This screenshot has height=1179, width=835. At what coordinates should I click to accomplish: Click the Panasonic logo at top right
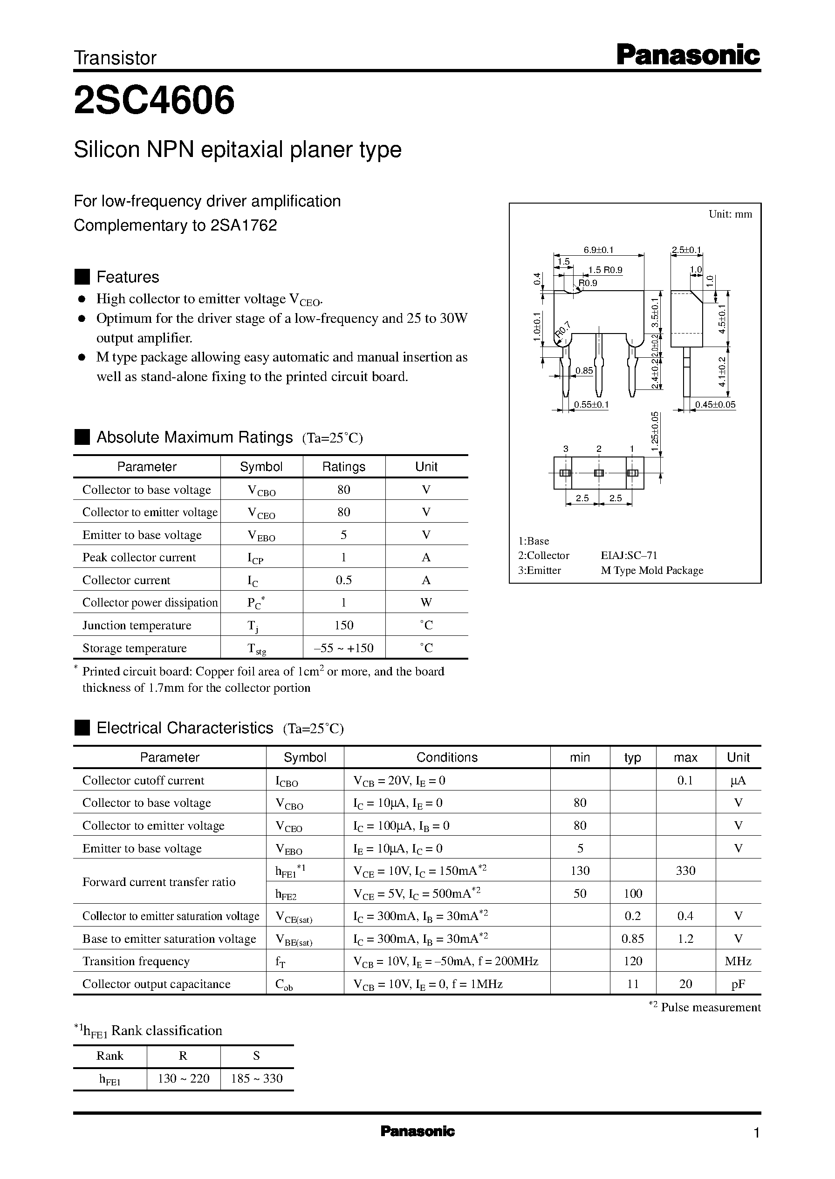[687, 55]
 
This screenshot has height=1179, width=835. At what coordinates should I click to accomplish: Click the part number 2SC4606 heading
[154, 100]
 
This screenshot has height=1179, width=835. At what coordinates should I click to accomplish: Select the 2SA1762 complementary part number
[244, 225]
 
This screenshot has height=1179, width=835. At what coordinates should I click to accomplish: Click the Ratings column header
[343, 467]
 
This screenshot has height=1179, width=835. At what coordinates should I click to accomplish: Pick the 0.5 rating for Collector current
[343, 580]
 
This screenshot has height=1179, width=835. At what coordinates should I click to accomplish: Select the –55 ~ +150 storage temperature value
[343, 648]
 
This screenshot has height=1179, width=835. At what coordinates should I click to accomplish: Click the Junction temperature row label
[137, 626]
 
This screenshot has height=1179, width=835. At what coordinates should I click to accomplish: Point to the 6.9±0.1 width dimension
[598, 250]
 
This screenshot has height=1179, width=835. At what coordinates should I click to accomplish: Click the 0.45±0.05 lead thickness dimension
[715, 404]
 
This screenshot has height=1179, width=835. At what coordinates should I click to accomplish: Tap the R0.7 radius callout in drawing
[563, 330]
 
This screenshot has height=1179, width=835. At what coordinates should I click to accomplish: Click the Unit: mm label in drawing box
[730, 214]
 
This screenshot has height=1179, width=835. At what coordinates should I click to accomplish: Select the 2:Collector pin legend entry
[543, 556]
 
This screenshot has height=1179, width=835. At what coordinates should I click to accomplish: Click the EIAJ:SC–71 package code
[629, 556]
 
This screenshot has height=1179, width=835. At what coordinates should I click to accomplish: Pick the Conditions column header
[447, 757]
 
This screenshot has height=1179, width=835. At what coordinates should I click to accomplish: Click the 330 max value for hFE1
[685, 871]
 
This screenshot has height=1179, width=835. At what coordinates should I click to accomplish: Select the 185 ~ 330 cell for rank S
[257, 1078]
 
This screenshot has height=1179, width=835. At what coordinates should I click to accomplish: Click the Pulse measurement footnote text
[710, 1007]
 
